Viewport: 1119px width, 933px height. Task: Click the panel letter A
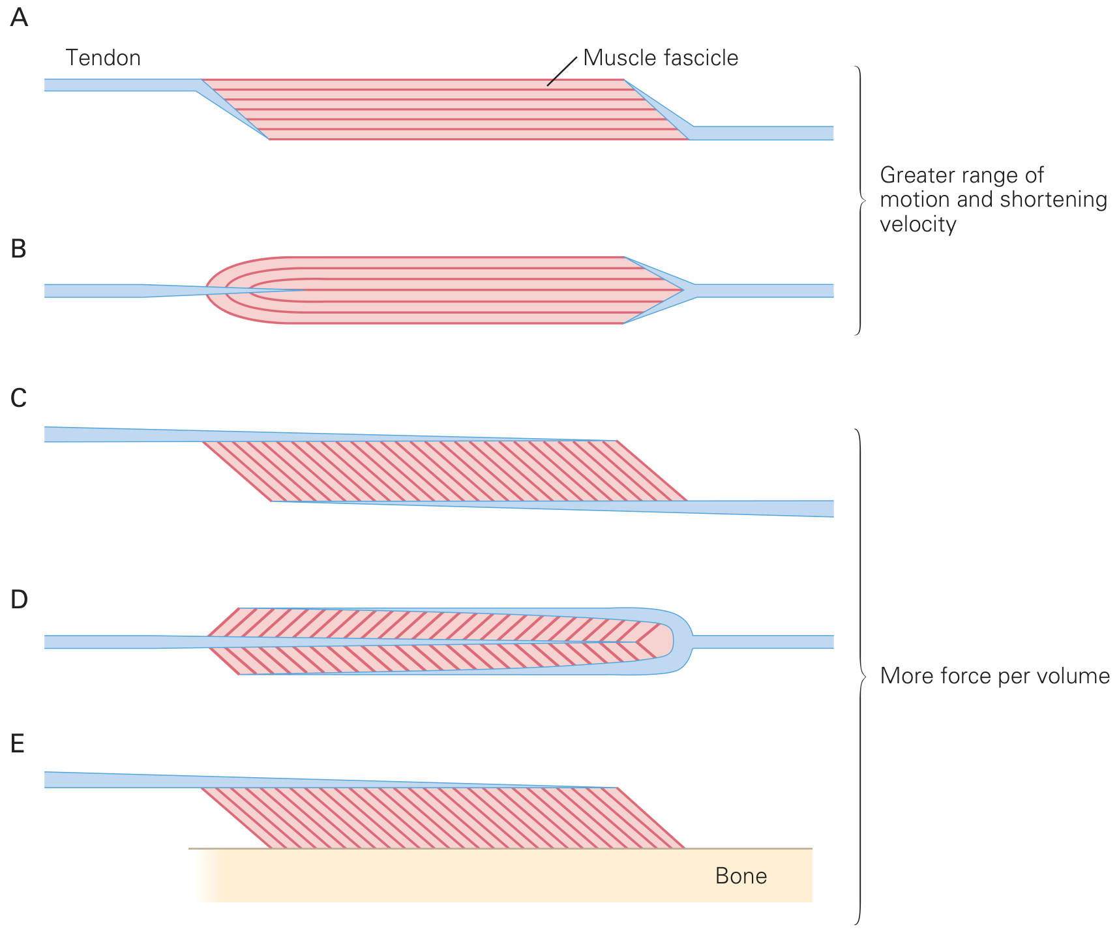20,18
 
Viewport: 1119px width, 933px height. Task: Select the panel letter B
18,249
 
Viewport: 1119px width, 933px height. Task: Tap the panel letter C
19,398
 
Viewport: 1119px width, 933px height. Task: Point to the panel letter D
20,600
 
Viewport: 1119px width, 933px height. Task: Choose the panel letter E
18,744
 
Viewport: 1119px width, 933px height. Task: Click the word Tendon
103,58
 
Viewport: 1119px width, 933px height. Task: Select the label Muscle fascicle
661,58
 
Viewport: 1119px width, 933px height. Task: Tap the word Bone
741,876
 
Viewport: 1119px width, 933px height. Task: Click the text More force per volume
994,675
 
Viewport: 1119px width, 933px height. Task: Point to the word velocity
918,224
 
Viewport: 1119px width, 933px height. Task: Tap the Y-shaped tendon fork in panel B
688,290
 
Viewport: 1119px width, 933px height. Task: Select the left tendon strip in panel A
121,85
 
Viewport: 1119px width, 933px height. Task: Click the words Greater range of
962,175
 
